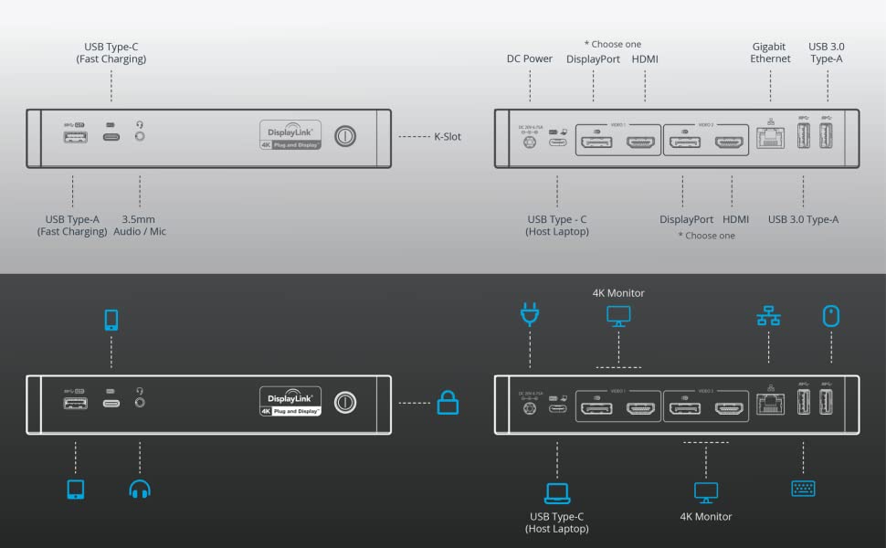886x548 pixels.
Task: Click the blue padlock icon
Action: point(448,402)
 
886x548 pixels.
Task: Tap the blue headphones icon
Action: point(140,489)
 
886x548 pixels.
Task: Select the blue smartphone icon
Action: point(111,320)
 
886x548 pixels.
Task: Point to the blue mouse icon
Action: point(830,316)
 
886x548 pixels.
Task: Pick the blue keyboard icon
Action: point(803,489)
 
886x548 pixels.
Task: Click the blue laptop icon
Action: point(557,493)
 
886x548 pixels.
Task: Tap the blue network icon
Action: point(768,316)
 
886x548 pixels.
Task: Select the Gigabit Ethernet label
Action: point(771,53)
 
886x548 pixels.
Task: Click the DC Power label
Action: point(530,59)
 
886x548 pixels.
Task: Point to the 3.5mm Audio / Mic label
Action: point(140,226)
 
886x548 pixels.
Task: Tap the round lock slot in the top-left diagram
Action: point(345,137)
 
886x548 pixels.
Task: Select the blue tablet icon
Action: point(76,489)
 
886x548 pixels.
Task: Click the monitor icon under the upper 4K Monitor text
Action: point(618,316)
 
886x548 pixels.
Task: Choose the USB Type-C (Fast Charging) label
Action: point(111,53)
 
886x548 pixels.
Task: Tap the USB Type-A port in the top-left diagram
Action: point(76,138)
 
